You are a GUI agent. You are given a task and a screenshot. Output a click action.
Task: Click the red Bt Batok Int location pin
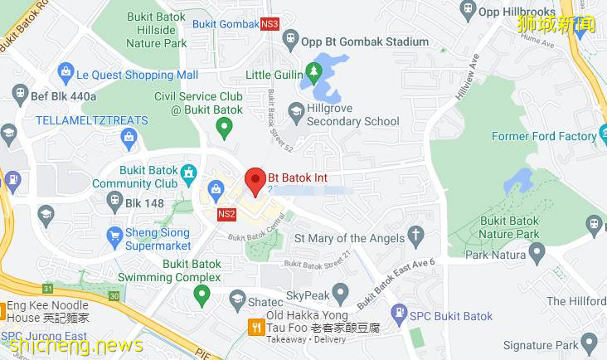(x=255, y=180)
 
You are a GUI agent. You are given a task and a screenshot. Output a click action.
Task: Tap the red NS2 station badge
(x=226, y=214)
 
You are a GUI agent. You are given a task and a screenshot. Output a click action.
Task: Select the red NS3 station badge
(x=270, y=23)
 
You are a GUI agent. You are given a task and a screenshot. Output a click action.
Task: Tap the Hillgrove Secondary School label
(x=353, y=114)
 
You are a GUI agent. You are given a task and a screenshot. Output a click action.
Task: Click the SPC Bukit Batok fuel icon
(x=400, y=315)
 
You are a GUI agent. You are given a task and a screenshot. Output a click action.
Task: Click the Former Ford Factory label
(x=544, y=136)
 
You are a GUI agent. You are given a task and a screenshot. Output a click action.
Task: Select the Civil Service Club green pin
(x=223, y=127)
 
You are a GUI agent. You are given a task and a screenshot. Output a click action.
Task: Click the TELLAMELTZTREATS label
(x=91, y=120)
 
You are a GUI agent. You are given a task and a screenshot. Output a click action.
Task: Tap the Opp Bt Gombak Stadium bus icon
(x=290, y=38)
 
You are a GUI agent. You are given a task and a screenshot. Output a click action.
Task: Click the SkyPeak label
(x=308, y=295)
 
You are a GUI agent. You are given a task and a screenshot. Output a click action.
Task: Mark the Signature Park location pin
(x=590, y=341)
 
